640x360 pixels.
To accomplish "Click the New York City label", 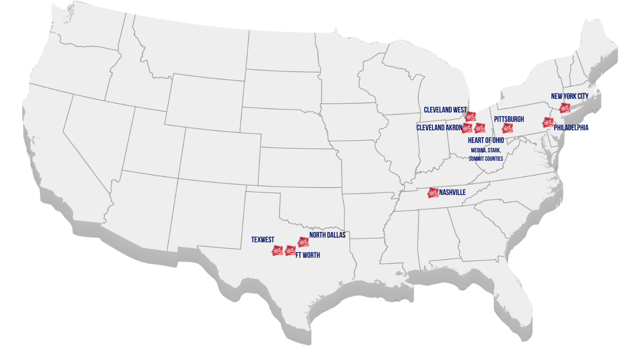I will point(569,96).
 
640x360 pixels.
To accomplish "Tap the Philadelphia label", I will point(571,127).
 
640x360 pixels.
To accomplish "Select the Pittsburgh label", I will point(509,120).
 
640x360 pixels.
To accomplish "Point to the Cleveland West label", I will point(445,110).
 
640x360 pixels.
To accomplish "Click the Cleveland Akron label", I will point(439,127).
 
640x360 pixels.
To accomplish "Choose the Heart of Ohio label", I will point(486,140).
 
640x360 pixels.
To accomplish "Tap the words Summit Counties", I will point(486,159).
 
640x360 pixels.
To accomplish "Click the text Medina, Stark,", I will point(486,150).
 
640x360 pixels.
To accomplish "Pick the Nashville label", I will point(452,193).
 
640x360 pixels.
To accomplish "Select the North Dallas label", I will point(327,235).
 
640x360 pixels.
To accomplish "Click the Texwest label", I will point(262,240).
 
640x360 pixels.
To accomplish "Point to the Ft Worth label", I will point(308,255).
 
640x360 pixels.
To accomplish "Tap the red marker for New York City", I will point(565,107).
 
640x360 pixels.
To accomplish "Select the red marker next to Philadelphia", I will point(547,123).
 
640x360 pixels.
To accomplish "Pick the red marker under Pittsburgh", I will point(507,128).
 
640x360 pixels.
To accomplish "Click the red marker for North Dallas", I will point(303,242).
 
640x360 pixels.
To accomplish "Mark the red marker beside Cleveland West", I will point(470,116).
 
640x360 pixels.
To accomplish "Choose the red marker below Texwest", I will point(277,251).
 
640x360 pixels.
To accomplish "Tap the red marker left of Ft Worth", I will point(290,251).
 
